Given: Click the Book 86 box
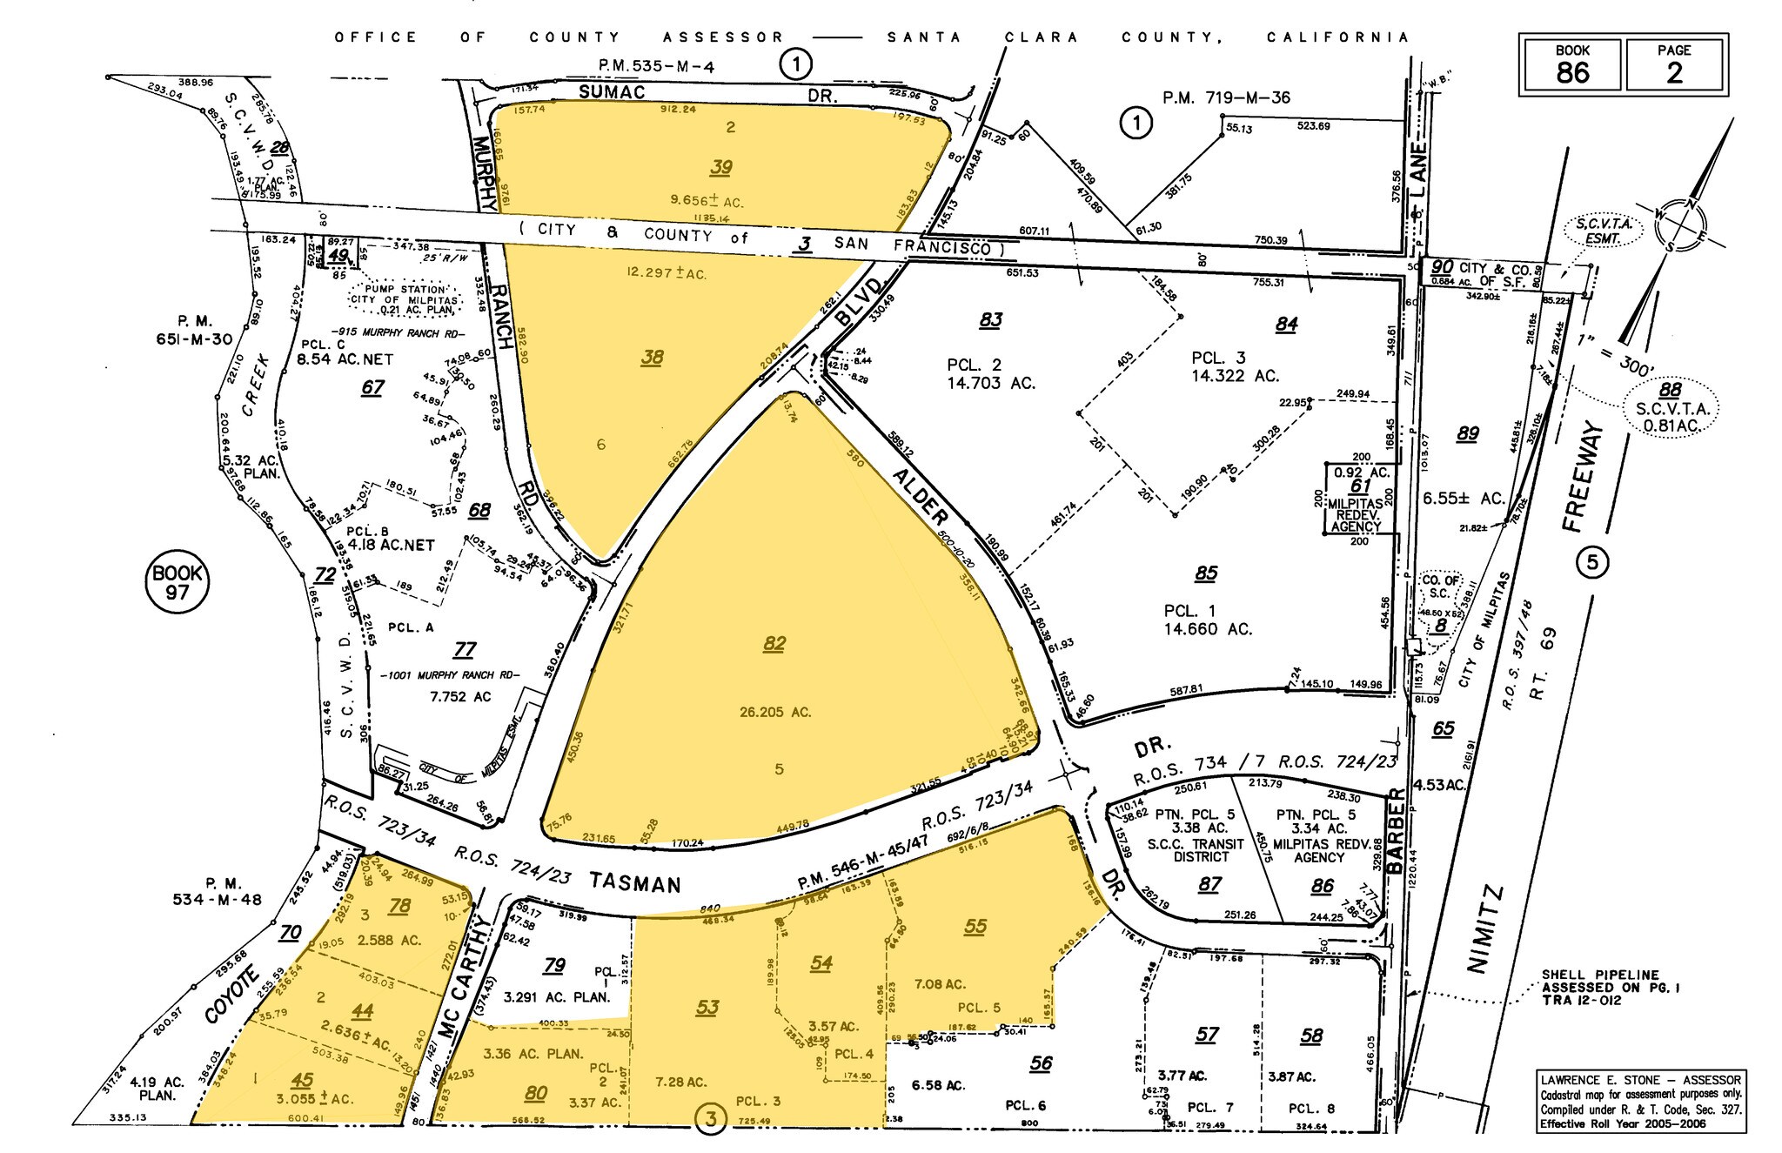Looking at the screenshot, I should tap(1571, 64).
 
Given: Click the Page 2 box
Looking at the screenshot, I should tap(1674, 64).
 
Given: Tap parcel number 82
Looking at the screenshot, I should tap(774, 644).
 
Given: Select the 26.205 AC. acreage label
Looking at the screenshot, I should tap(775, 712).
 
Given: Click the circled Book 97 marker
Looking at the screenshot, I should tap(178, 582).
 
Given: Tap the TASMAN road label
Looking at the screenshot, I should tap(633, 883).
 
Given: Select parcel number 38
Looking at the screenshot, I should tap(652, 357).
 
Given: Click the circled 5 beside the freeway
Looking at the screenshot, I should tap(1592, 562).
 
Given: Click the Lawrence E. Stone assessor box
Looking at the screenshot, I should tap(1641, 1101).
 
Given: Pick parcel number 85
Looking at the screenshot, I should tap(1206, 573).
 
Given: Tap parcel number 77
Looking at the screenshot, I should tap(466, 649).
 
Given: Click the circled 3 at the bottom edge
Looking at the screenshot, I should tap(711, 1119).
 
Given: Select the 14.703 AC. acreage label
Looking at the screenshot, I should tap(991, 383).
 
